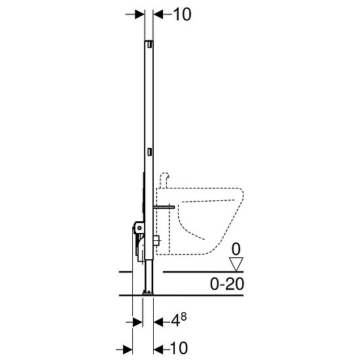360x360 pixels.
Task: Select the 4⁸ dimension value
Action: pos(180,322)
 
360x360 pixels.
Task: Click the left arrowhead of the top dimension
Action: pos(139,14)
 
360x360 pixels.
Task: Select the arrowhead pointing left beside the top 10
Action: pos(158,14)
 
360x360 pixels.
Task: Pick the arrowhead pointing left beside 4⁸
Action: pos(158,322)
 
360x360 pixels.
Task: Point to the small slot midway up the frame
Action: pos(149,152)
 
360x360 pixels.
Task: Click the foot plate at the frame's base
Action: pos(148,292)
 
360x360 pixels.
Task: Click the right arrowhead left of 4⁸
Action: pos(138,322)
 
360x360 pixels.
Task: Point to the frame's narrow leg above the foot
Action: pos(149,275)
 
